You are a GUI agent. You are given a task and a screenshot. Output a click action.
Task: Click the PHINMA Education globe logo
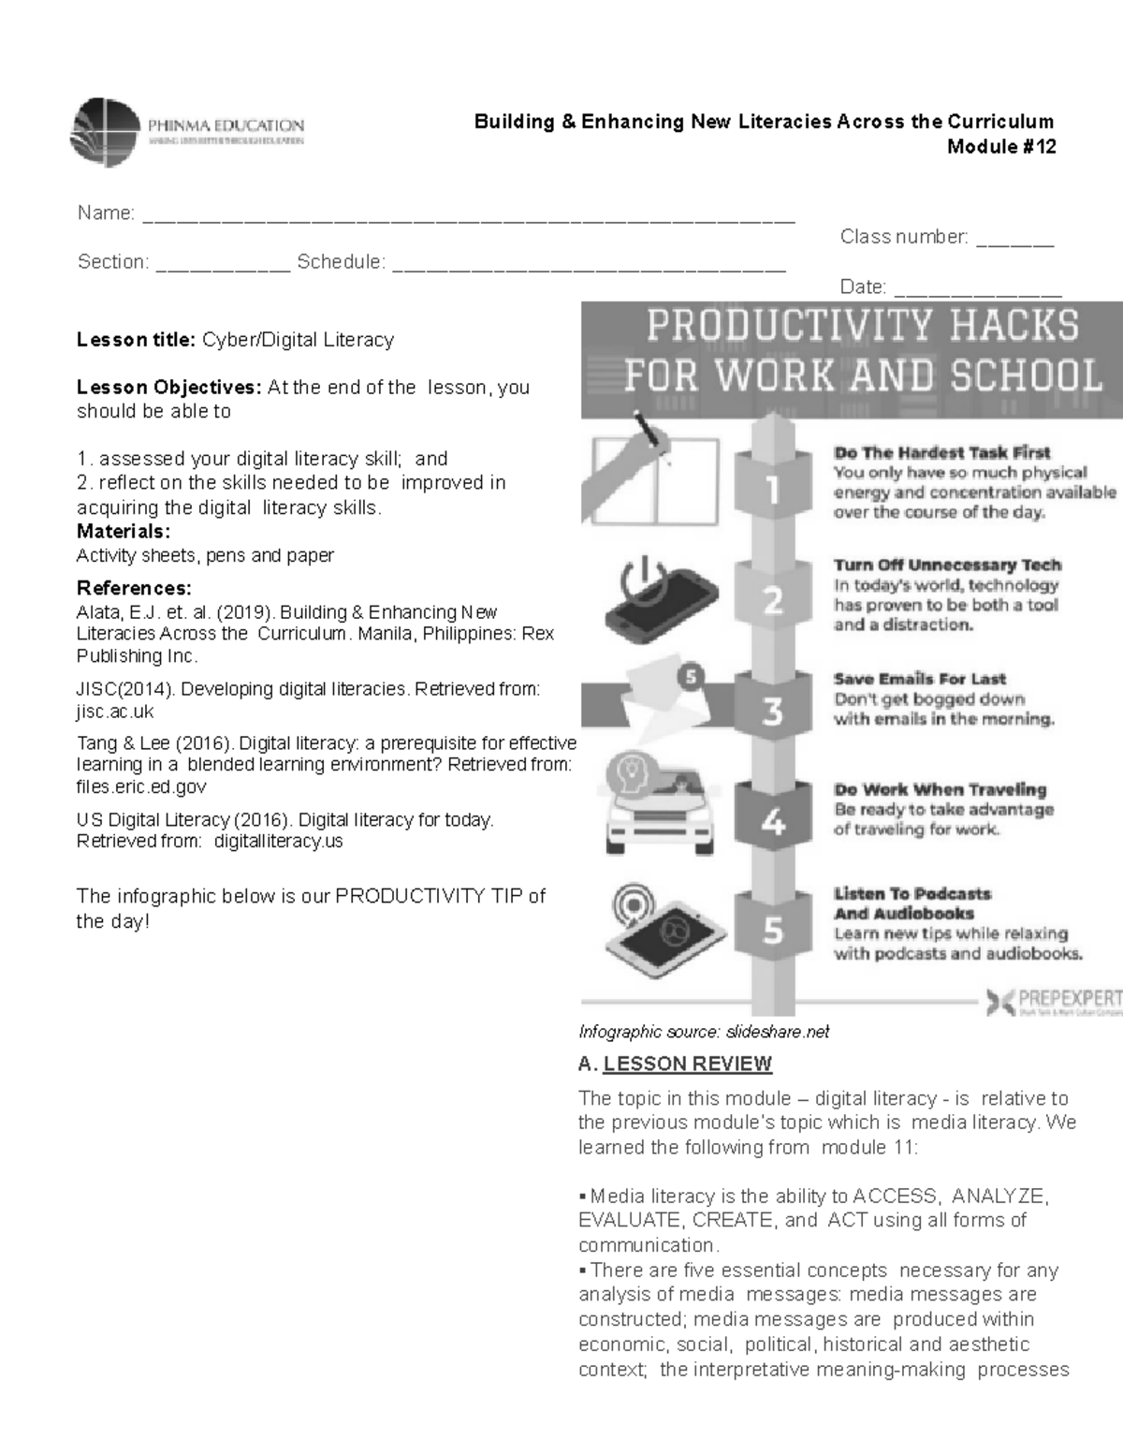(x=106, y=132)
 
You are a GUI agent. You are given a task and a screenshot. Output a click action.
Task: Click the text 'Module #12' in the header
(x=1000, y=146)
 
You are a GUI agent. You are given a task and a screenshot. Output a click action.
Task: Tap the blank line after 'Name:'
(x=468, y=217)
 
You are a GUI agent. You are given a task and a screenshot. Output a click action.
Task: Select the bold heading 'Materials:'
(x=123, y=532)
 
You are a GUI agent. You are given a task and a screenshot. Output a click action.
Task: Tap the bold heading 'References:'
(x=133, y=588)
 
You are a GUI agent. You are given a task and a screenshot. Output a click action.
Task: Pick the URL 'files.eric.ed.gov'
(x=140, y=786)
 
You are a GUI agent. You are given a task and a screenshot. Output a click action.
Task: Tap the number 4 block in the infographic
(x=772, y=821)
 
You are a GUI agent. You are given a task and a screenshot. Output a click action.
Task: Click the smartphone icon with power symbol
(x=661, y=595)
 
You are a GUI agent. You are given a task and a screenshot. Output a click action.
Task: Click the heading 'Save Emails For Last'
(x=920, y=679)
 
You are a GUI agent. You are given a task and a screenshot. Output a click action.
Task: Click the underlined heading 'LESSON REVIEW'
(x=687, y=1064)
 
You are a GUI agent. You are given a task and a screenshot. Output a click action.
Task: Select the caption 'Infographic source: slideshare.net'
(x=704, y=1032)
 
